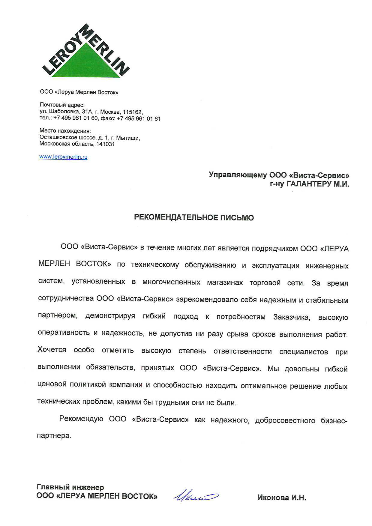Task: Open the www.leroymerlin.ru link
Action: tap(63, 157)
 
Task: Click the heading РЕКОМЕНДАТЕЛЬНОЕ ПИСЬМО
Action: tap(194, 217)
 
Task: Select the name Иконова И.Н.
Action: tap(281, 498)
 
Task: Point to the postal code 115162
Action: tap(132, 112)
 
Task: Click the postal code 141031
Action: tap(105, 144)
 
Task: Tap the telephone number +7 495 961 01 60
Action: tap(76, 118)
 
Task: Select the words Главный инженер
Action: tap(70, 487)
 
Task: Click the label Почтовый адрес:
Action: tap(62, 105)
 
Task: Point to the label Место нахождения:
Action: tap(65, 131)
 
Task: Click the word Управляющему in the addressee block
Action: tap(238, 175)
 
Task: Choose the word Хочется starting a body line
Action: tap(52, 350)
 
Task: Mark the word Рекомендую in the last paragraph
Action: tap(81, 419)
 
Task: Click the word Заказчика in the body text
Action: tap(291, 317)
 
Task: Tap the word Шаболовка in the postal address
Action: tap(63, 112)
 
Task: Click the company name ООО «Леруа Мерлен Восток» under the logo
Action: tap(79, 92)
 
